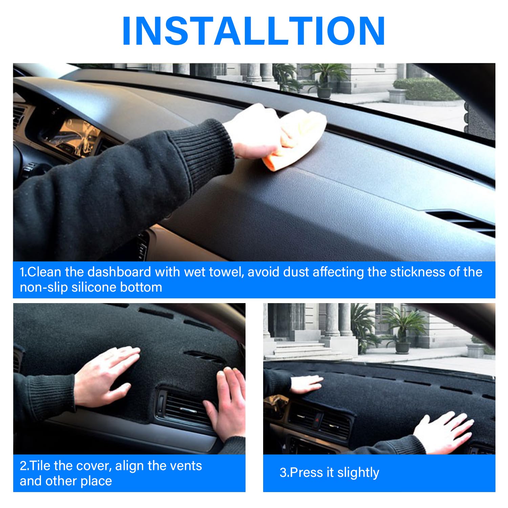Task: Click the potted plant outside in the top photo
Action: coord(323,80)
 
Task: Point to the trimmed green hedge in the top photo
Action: coord(425,89)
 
